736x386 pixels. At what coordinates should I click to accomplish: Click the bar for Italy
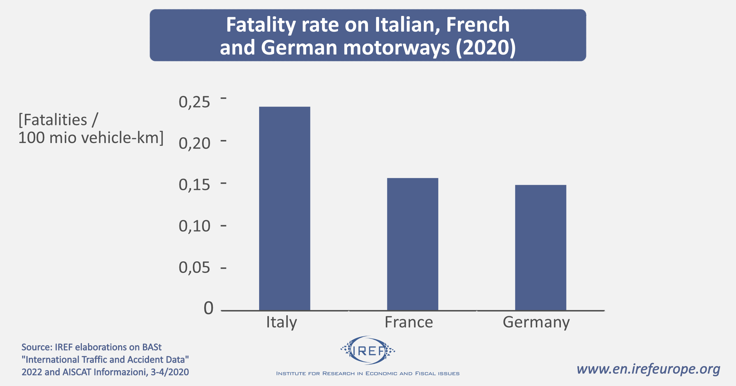pos(285,208)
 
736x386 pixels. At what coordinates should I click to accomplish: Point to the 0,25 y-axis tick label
pos(194,102)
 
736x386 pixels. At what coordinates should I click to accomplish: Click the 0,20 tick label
pos(194,143)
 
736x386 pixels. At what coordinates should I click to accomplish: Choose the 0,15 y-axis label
pos(194,185)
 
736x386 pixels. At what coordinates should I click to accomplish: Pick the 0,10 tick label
pos(194,226)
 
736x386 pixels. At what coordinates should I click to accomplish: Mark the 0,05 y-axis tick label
pos(194,267)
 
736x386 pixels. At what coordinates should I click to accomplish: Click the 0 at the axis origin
pos(209,308)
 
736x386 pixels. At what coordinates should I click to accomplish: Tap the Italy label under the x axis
pos(282,322)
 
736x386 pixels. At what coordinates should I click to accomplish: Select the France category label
pos(409,322)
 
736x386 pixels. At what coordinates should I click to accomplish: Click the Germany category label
pos(536,322)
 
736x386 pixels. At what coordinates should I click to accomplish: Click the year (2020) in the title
pos(486,48)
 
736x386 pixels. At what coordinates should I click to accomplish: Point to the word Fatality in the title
pos(261,25)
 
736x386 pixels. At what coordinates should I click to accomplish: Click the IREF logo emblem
pos(368,350)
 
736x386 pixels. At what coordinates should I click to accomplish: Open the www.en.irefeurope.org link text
pos(648,369)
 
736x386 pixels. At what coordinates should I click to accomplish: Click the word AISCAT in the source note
pos(77,372)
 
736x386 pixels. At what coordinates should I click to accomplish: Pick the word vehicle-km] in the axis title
pos(122,138)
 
